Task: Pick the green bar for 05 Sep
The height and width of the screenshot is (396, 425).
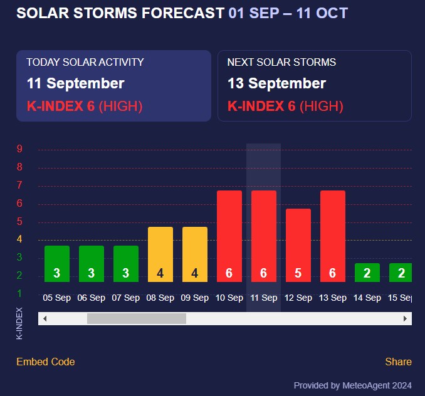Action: (x=57, y=264)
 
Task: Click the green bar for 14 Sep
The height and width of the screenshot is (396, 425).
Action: (x=367, y=273)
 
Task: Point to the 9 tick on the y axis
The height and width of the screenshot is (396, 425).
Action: (x=20, y=149)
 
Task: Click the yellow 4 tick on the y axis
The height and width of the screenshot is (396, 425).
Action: (x=20, y=239)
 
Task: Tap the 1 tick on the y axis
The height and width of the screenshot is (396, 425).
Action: (x=20, y=293)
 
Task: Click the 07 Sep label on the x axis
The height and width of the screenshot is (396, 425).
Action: (x=125, y=298)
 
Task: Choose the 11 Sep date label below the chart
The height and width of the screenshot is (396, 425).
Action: (x=263, y=298)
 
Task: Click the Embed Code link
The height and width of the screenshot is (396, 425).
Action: (x=46, y=362)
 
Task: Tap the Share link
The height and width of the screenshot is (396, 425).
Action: (x=398, y=362)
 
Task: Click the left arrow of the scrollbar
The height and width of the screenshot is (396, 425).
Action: (x=43, y=318)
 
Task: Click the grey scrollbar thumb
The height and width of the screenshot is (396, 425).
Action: (x=137, y=318)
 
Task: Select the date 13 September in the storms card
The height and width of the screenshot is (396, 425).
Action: (x=276, y=83)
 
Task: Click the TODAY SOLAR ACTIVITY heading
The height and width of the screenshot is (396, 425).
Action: (x=85, y=62)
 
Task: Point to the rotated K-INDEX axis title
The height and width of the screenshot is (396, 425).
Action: (x=19, y=323)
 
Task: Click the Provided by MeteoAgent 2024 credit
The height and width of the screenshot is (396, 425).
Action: (x=352, y=385)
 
